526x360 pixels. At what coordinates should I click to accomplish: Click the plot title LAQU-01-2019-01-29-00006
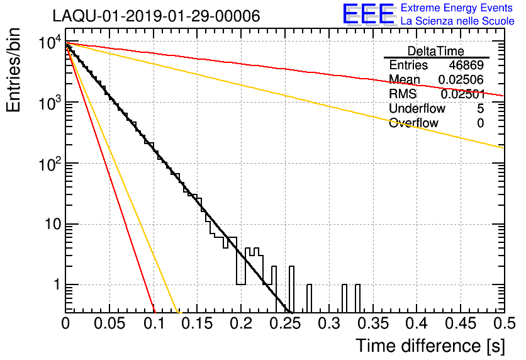click(156, 16)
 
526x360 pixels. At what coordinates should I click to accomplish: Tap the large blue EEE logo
click(367, 14)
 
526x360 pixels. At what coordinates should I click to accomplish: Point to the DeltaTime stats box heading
click(435, 51)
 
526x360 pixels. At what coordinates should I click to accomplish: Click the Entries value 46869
click(466, 65)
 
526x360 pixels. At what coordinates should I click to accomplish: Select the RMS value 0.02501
click(462, 94)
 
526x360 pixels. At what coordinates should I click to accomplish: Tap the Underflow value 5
click(481, 108)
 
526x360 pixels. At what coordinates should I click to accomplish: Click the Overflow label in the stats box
click(413, 123)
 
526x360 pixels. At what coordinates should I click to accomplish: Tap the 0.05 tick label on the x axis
click(109, 325)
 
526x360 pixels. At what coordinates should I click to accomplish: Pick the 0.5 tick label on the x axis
click(502, 325)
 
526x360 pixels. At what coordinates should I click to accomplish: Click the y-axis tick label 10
click(49, 224)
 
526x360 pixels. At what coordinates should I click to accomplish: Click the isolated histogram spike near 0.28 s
click(309, 297)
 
